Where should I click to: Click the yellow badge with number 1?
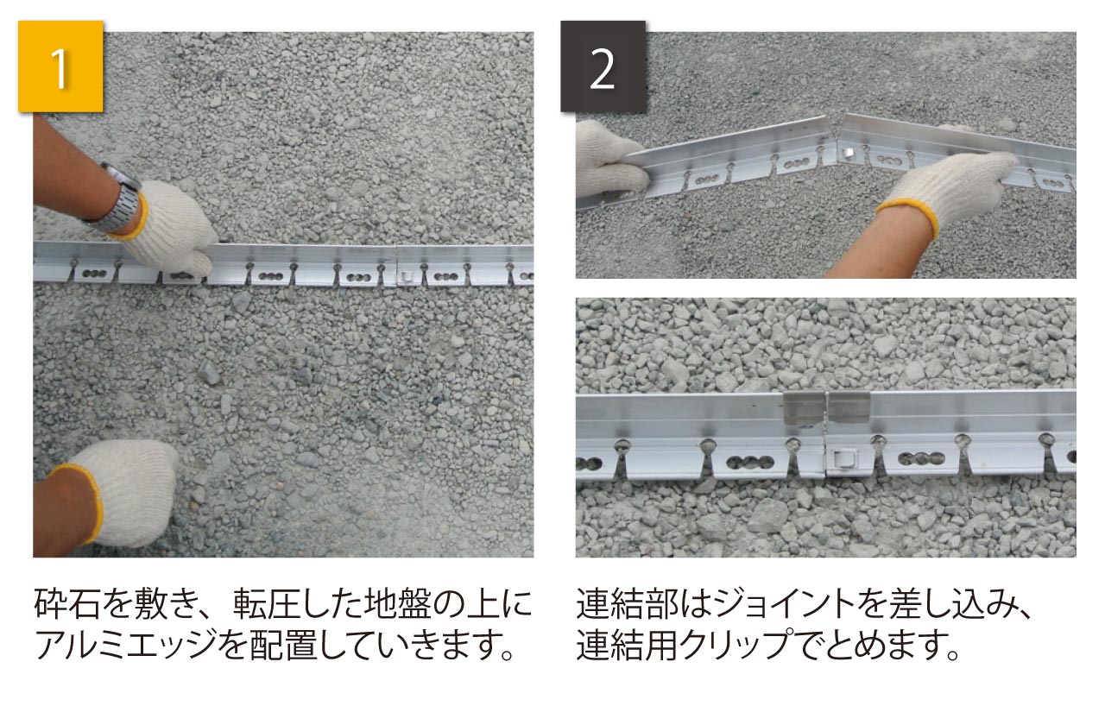pyautogui.click(x=60, y=66)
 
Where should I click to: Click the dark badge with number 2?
pyautogui.click(x=603, y=66)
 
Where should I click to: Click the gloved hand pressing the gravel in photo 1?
pyautogui.click(x=118, y=491)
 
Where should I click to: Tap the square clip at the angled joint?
pyautogui.click(x=848, y=153)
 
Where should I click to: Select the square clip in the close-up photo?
pyautogui.click(x=843, y=460)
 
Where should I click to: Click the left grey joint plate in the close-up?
pyautogui.click(x=804, y=409)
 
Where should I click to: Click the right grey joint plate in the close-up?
pyautogui.click(x=849, y=407)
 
